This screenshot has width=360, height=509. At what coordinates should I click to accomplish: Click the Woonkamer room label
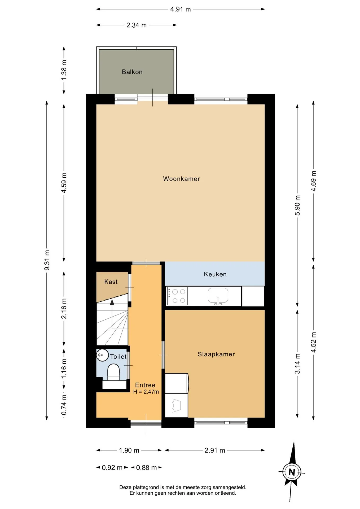click(181, 179)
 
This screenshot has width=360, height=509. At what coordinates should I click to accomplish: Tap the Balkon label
click(132, 72)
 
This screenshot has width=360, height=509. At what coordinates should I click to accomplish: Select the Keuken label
click(215, 274)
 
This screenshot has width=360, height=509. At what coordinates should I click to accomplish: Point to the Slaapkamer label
click(216, 354)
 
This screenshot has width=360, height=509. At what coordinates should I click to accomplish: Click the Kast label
click(111, 282)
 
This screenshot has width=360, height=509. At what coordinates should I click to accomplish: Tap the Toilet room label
click(118, 357)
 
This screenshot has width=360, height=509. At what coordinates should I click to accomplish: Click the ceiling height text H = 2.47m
click(146, 392)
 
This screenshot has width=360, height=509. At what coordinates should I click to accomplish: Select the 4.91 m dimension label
click(181, 9)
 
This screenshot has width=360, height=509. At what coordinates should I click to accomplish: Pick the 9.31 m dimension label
click(47, 260)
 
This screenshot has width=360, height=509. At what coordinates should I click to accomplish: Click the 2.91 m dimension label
click(215, 450)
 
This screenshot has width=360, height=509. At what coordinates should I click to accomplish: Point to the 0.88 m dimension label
click(146, 468)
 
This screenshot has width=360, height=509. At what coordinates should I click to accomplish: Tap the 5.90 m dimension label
click(297, 205)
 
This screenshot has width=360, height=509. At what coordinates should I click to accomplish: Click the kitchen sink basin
click(218, 295)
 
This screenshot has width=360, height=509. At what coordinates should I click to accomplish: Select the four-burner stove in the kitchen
click(177, 296)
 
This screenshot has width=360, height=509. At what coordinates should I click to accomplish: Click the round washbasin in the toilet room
click(102, 355)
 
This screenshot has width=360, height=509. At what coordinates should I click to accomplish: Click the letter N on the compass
click(292, 472)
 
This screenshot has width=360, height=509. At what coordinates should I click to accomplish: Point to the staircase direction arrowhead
click(112, 302)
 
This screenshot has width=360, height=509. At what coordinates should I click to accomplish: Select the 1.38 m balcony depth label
click(64, 70)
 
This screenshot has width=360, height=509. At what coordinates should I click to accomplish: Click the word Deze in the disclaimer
click(125, 487)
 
